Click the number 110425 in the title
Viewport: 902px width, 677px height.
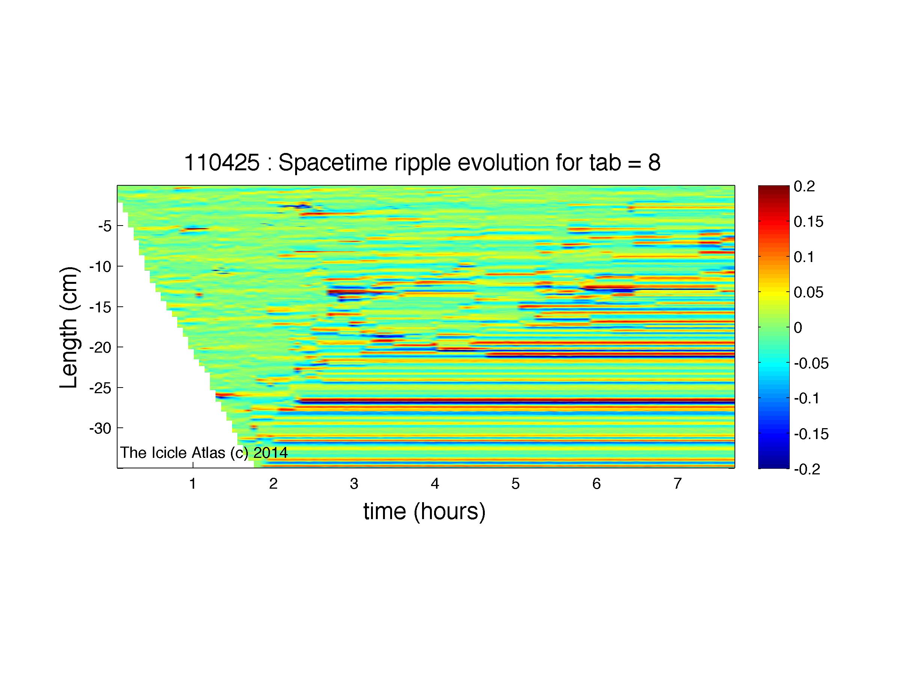[x=222, y=163]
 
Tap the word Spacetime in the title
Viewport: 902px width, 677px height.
[x=333, y=163]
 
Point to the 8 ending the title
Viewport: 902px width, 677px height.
[x=654, y=163]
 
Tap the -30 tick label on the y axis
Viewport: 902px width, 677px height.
[x=101, y=428]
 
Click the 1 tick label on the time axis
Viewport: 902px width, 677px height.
[x=193, y=483]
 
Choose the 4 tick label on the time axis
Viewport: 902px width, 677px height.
[x=435, y=483]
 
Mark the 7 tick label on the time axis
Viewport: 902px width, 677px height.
[x=677, y=483]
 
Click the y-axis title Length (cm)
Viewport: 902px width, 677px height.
[x=68, y=327]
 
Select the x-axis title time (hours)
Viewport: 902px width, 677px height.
[x=424, y=512]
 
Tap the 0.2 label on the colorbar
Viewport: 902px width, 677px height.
[x=804, y=186]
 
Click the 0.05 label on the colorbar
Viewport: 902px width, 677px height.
[x=808, y=292]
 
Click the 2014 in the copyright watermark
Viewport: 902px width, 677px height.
[x=271, y=453]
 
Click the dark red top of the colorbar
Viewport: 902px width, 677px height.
[x=774, y=189]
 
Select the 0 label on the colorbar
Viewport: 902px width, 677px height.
[x=798, y=327]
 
